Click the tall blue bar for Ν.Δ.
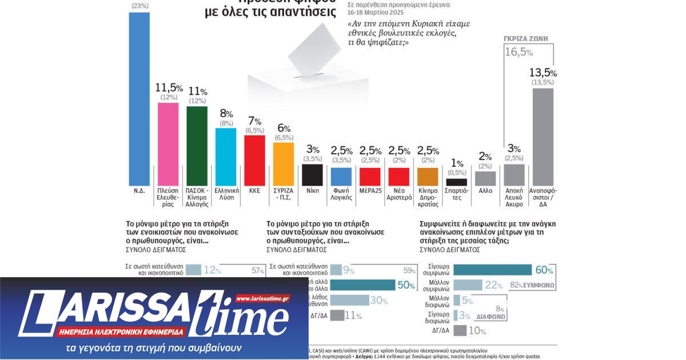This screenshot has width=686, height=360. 139,97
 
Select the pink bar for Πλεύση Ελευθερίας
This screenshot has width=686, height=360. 168,142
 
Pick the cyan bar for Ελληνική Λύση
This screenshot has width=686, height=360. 225,155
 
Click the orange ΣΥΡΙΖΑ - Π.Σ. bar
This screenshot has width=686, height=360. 283,163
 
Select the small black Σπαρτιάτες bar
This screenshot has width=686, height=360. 456,182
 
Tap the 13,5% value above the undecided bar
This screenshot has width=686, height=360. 543,73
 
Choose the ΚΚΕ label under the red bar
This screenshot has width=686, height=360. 254,190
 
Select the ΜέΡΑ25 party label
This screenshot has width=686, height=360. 369,190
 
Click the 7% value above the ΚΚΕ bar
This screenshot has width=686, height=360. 254,121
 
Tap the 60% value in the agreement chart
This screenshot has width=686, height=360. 544,270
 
